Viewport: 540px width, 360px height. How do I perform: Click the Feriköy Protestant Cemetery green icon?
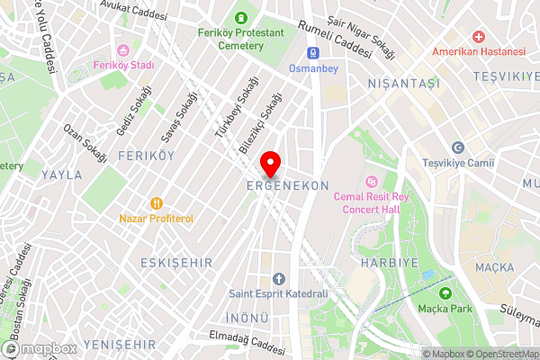pos(240,17)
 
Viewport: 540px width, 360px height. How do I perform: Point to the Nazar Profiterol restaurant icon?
pos(157,203)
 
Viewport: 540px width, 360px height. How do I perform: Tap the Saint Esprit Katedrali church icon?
pos(278,278)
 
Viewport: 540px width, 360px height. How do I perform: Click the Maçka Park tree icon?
pos(444,292)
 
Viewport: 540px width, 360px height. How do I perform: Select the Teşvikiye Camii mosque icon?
pos(458,148)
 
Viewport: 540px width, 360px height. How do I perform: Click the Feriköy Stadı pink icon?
pos(123,49)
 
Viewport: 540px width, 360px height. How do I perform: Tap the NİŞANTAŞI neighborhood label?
pos(402,83)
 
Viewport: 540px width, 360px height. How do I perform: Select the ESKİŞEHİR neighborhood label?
pos(175,262)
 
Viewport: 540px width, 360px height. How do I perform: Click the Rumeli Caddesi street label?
pos(335,38)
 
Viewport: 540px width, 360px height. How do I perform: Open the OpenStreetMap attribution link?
pos(503,354)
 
